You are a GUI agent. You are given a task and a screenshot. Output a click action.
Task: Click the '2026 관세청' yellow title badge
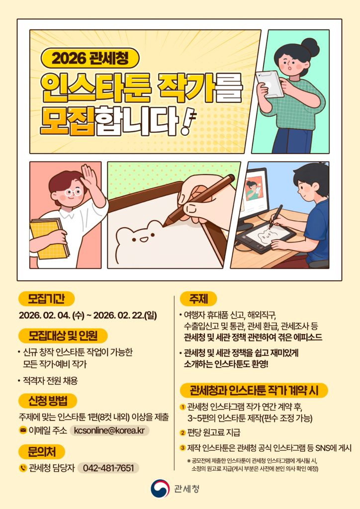90,58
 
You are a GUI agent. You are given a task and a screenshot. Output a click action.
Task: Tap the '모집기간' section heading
46,299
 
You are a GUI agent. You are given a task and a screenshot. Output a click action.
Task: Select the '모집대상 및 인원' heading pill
63,336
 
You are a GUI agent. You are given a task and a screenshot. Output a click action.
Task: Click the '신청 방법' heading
48,401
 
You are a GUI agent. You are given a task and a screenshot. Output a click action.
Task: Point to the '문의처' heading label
42,451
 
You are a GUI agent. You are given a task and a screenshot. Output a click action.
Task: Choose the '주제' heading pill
199,299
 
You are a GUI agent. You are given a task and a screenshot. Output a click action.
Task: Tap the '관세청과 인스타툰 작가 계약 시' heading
254,390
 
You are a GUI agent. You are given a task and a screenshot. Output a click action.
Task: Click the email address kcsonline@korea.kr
109,430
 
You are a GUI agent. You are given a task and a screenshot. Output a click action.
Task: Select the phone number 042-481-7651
108,468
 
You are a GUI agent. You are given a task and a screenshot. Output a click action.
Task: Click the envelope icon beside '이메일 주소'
23,431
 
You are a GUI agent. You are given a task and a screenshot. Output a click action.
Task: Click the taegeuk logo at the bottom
160,489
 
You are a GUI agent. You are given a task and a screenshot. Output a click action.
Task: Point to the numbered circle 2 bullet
183,433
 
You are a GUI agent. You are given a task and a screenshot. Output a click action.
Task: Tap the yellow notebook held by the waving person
50,238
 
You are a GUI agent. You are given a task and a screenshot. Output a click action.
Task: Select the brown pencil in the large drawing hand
199,200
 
